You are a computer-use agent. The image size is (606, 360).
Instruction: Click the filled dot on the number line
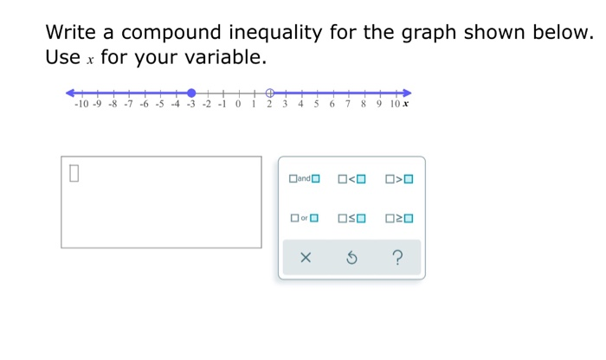click(191, 93)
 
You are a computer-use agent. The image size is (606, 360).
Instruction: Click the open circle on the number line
click(269, 93)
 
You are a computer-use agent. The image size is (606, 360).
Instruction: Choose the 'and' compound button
click(305, 179)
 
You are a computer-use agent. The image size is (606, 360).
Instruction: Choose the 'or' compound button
click(305, 218)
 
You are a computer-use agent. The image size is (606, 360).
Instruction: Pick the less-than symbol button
click(352, 179)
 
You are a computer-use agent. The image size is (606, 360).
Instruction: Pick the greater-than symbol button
click(400, 179)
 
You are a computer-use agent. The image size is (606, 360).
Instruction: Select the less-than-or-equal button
click(352, 218)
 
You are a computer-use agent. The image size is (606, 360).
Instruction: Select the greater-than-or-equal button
click(400, 218)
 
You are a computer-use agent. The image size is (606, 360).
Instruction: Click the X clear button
click(305, 257)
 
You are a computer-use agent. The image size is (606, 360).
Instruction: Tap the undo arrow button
click(351, 257)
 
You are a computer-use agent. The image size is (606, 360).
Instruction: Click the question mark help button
click(397, 257)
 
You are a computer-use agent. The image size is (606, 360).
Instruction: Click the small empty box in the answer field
click(74, 173)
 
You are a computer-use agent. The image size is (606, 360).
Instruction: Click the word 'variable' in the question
click(220, 58)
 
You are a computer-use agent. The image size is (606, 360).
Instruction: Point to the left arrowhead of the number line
click(70, 93)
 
